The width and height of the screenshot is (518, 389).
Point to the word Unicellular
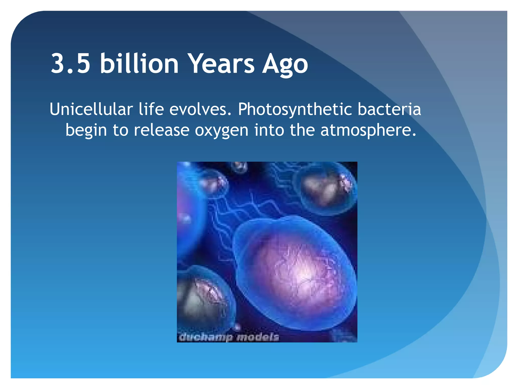pos(91,109)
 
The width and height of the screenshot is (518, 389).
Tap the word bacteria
pos(389,109)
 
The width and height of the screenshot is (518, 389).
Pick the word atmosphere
pos(368,130)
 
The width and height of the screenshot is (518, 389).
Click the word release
pos(161,130)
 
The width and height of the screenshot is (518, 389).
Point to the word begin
pos(86,131)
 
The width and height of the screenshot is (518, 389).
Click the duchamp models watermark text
pos(229,337)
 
